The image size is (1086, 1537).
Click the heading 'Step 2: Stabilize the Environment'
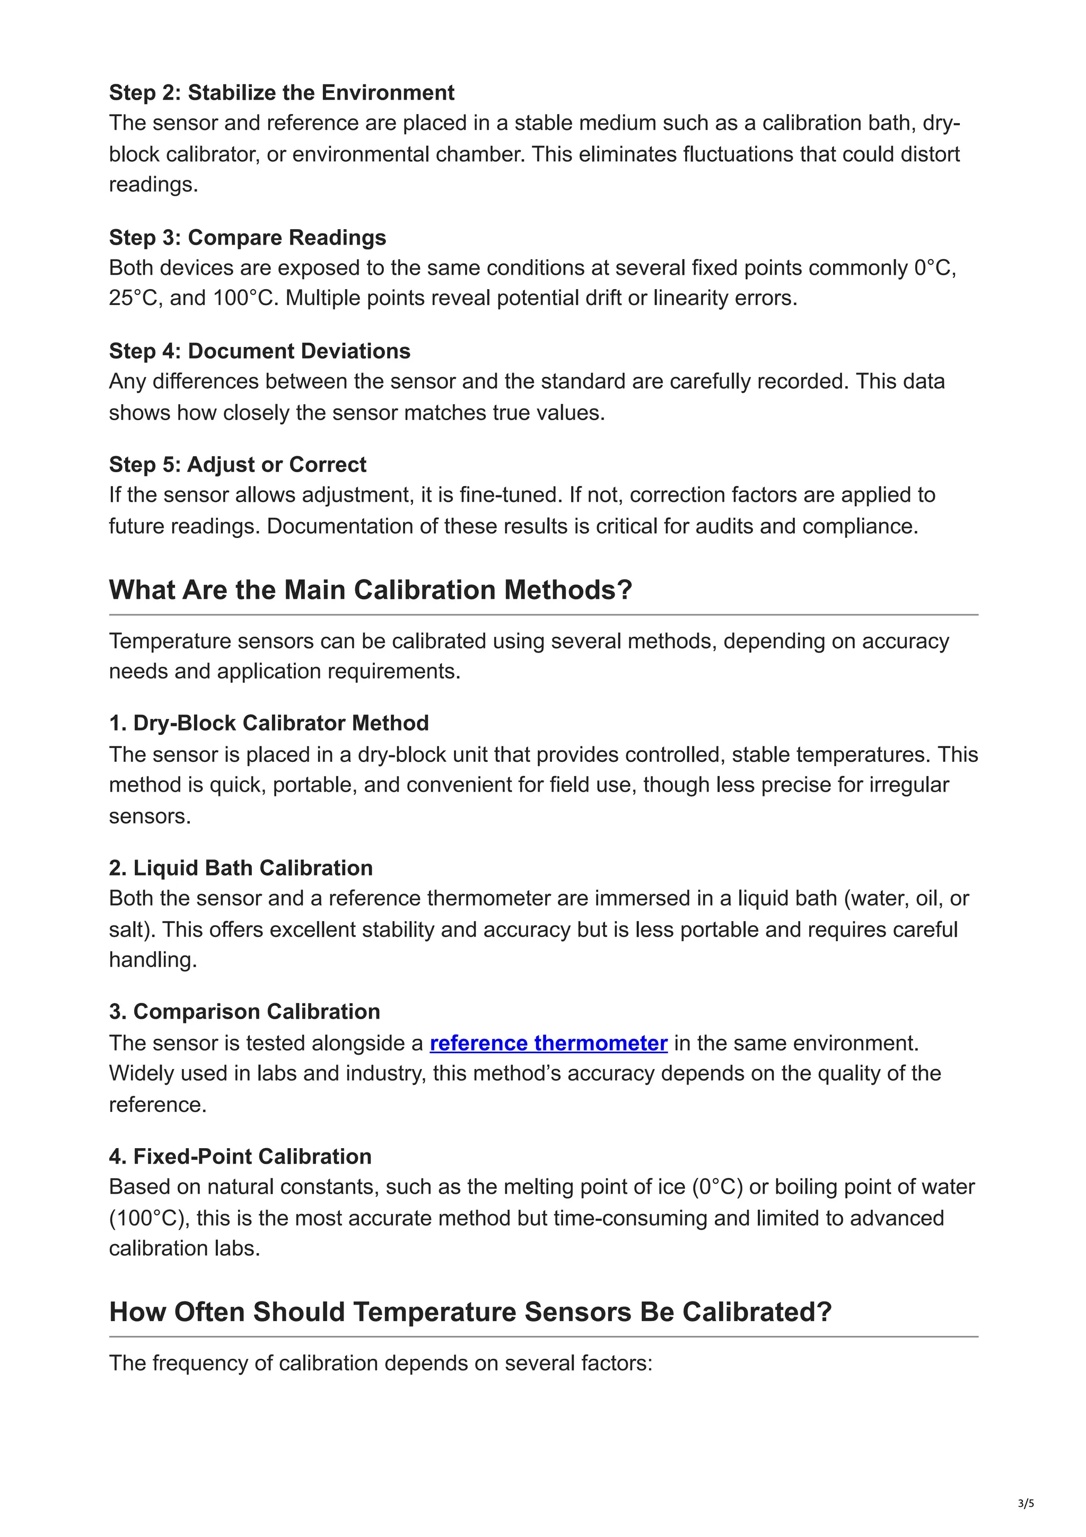(x=281, y=92)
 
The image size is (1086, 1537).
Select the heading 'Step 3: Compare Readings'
(x=247, y=238)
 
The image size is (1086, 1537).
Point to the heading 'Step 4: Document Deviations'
(x=260, y=351)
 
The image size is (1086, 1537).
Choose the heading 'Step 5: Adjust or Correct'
(x=238, y=465)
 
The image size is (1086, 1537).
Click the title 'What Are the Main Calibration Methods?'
(x=370, y=590)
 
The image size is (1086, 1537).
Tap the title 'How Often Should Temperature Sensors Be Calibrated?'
(x=470, y=1312)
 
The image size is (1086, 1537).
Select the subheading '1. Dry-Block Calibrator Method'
(x=268, y=723)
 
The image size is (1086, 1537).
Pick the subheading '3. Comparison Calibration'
(x=244, y=1012)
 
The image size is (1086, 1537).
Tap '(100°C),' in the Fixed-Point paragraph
(x=149, y=1218)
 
